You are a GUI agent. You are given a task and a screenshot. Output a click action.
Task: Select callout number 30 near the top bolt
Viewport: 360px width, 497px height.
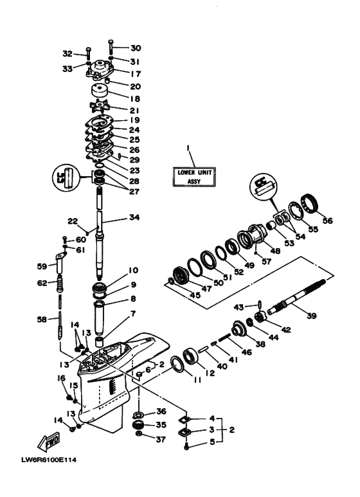tap(135, 48)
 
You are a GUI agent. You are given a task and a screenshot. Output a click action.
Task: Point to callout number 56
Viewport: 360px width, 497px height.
tap(328, 220)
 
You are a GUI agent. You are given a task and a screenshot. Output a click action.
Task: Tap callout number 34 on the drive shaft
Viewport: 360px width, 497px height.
tap(134, 217)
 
